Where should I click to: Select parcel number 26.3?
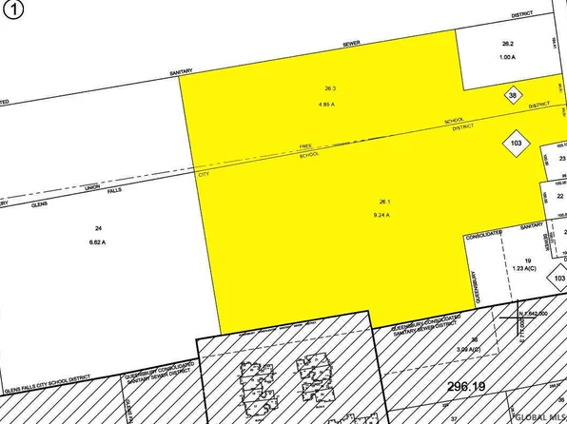tap(330, 87)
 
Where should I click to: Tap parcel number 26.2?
tap(507, 44)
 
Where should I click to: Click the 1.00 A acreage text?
tap(507, 56)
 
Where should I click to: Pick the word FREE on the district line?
tap(306, 145)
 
